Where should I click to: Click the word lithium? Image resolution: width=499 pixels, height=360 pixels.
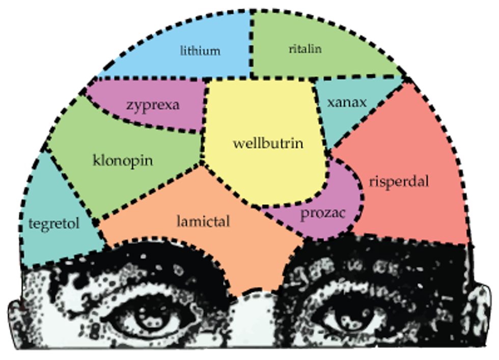pyautogui.click(x=200, y=51)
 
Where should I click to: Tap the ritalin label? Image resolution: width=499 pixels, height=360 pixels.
pyautogui.click(x=305, y=49)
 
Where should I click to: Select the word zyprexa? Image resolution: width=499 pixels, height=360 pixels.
pyautogui.click(x=153, y=105)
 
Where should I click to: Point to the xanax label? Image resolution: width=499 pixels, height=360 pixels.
pyautogui.click(x=347, y=102)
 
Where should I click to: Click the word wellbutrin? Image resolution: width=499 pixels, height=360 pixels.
pyautogui.click(x=268, y=143)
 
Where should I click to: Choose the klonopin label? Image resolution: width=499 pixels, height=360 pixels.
pyautogui.click(x=123, y=161)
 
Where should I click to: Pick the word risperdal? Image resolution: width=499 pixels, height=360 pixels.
pyautogui.click(x=399, y=181)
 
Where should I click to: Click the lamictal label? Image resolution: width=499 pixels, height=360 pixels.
pyautogui.click(x=203, y=221)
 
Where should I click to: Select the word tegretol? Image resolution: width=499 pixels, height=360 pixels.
pyautogui.click(x=54, y=224)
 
